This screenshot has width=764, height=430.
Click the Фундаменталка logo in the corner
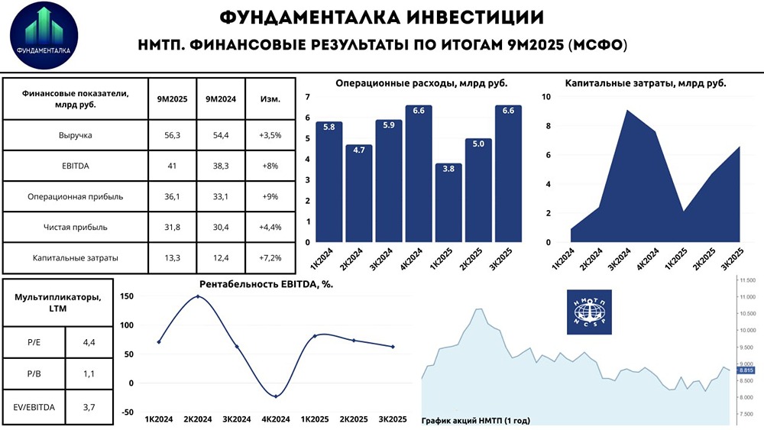click(44, 36)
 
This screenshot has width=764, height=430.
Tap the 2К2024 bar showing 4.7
click(358, 193)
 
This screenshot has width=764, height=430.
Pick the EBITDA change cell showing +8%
click(270, 166)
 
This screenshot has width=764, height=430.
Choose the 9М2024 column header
click(220, 99)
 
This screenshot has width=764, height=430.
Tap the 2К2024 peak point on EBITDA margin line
click(198, 296)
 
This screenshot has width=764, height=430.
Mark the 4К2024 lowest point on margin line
click(276, 396)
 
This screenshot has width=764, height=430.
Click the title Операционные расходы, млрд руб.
click(421, 83)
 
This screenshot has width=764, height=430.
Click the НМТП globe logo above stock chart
click(589, 311)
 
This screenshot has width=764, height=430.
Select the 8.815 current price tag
click(746, 370)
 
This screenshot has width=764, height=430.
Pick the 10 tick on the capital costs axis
click(545, 96)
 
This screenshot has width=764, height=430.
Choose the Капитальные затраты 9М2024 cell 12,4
click(220, 257)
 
